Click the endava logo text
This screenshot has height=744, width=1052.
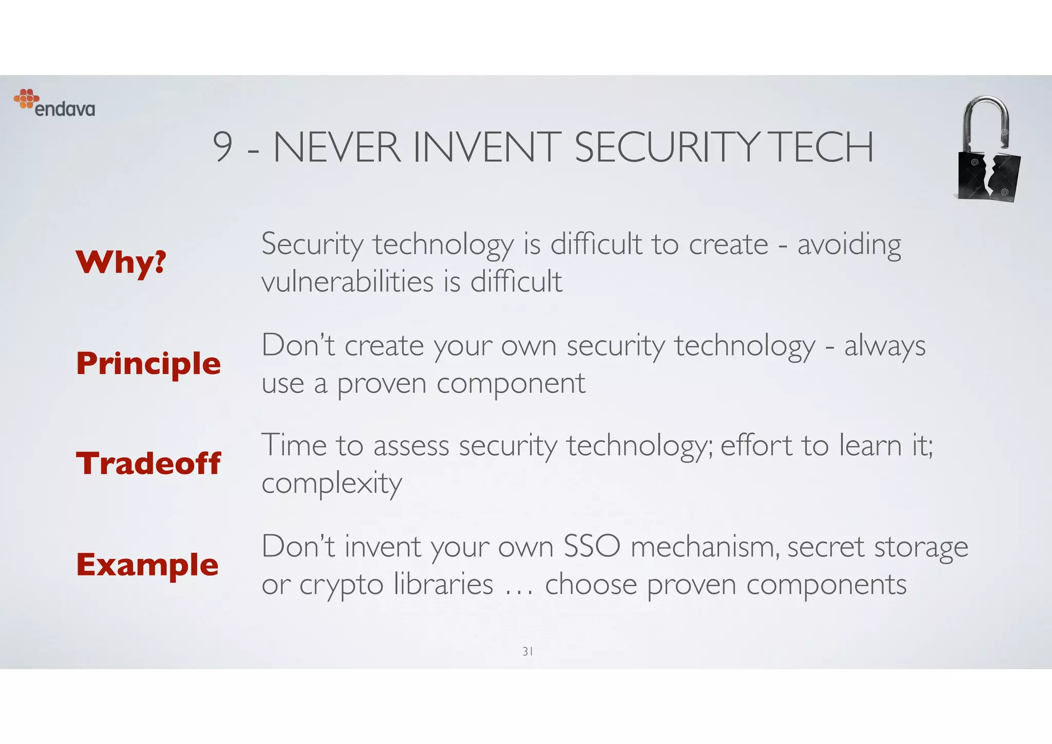click(x=65, y=109)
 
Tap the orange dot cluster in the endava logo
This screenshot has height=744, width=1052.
click(x=26, y=98)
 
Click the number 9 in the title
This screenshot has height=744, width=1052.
click(x=222, y=147)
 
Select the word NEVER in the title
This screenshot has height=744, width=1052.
click(x=337, y=147)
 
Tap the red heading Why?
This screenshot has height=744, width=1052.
click(x=121, y=262)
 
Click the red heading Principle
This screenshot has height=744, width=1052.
click(x=148, y=364)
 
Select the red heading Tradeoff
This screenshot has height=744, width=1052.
click(x=148, y=463)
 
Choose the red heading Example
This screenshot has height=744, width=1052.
click(x=147, y=565)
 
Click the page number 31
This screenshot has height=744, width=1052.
click(x=527, y=652)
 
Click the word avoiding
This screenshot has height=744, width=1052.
click(x=849, y=245)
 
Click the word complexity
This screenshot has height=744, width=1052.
click(x=332, y=483)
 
